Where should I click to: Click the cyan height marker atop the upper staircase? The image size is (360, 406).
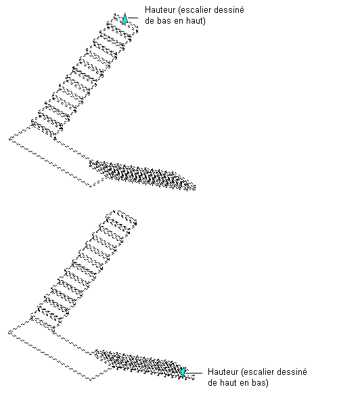tap(125, 19)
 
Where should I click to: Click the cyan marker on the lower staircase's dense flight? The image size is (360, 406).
tap(183, 372)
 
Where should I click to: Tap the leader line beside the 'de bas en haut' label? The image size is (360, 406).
tap(133, 18)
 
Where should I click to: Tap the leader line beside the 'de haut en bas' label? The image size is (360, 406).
tap(194, 373)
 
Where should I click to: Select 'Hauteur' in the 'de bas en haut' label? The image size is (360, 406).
tap(160, 10)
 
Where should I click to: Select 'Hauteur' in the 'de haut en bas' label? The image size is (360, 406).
tap(223, 371)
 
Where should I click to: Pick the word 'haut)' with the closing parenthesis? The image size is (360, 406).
tap(196, 21)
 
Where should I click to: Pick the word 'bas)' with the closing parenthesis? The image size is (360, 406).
tap(260, 383)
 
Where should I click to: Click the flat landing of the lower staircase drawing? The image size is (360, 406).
tap(54, 350)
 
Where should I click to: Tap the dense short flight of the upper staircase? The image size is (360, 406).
tap(143, 175)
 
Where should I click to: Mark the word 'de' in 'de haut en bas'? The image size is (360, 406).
tap(212, 383)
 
